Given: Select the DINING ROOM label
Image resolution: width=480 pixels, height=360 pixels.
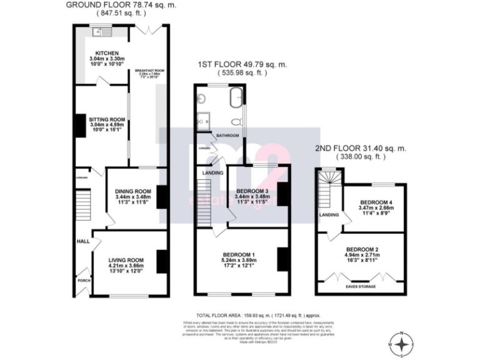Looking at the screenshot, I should pos(133,191).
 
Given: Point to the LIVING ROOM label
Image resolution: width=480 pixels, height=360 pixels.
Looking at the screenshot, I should pos(126,260).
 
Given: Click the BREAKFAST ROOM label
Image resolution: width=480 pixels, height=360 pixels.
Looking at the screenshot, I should pos(150,71).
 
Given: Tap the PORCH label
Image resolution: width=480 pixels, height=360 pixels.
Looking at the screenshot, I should pos(83,281).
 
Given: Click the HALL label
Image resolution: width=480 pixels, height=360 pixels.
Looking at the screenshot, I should pos(82,241).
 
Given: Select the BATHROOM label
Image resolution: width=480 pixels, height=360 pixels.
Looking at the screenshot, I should pos(227,135).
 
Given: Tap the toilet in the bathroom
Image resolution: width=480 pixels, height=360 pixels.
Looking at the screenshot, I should pos(236,122).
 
